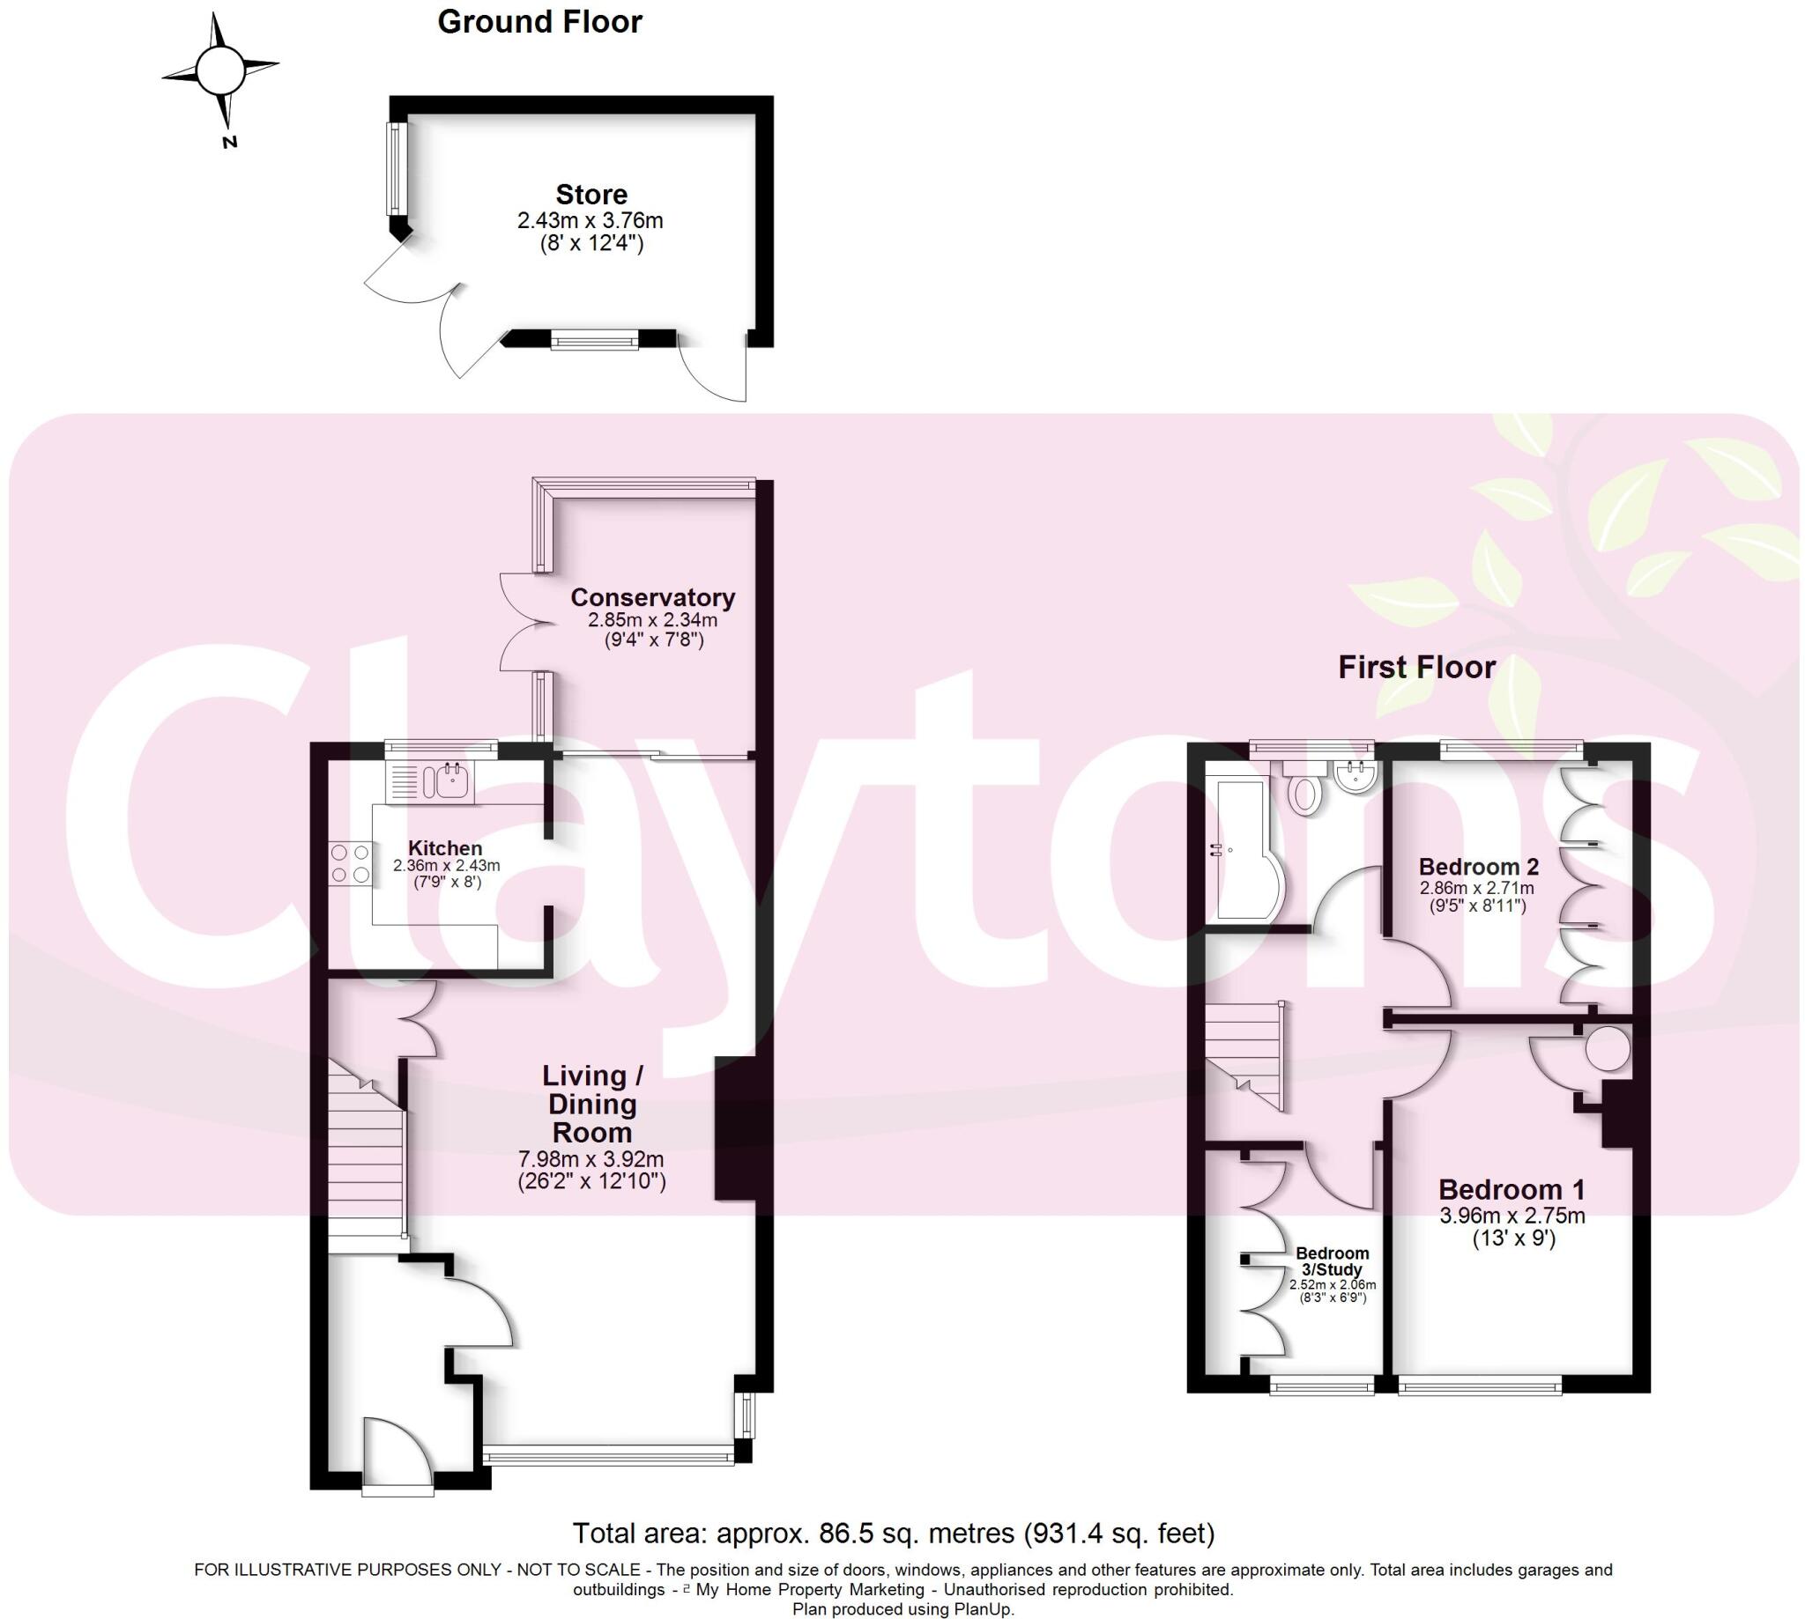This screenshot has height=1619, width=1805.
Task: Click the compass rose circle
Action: click(x=219, y=71)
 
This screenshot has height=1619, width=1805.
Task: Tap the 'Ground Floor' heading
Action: click(x=539, y=22)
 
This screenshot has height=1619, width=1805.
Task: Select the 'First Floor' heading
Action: click(x=1416, y=667)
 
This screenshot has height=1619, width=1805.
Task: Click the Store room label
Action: click(x=591, y=194)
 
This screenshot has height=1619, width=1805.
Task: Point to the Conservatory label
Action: click(x=652, y=597)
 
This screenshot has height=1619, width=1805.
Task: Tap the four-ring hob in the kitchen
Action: click(x=350, y=864)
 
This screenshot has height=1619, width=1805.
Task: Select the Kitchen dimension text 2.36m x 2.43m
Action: click(x=446, y=866)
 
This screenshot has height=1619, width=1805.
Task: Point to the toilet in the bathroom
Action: click(x=1304, y=791)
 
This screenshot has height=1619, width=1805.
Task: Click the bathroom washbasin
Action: click(x=1356, y=776)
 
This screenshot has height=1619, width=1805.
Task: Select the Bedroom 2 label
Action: click(x=1478, y=867)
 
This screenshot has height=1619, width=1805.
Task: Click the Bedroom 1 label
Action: click(x=1512, y=1189)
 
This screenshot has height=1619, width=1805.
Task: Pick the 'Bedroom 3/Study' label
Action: click(x=1332, y=1261)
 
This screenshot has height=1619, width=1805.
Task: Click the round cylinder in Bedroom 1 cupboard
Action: click(x=1607, y=1050)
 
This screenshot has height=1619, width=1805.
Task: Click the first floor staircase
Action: click(x=1244, y=1056)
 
